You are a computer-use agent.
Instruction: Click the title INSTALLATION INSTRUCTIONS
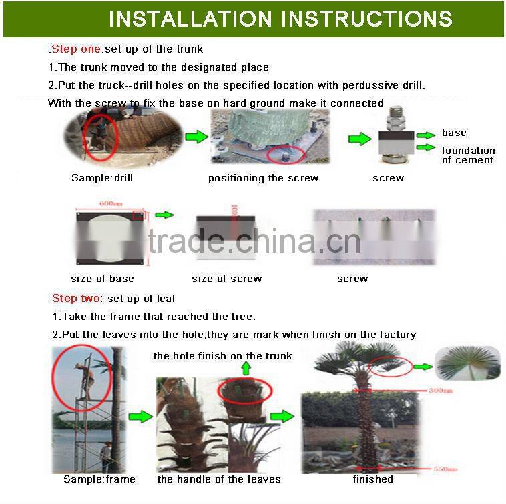[280, 18]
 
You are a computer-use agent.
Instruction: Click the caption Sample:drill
[102, 178]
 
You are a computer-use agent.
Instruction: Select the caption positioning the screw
[263, 178]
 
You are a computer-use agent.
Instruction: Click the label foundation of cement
[467, 155]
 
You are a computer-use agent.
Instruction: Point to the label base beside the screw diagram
[454, 133]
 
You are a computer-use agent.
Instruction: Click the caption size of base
[102, 279]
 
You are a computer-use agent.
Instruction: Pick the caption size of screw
[226, 279]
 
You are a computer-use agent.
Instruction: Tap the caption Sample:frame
[99, 479]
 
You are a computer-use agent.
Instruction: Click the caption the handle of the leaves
[219, 479]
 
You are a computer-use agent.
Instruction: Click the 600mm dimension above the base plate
[111, 204]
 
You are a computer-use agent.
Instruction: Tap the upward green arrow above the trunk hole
[246, 368]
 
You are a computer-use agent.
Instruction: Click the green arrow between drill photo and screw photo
[196, 137]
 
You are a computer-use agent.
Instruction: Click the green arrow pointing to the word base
[426, 135]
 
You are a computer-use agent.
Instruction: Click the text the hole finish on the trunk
[222, 356]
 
